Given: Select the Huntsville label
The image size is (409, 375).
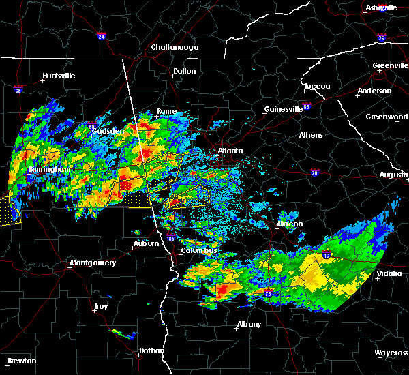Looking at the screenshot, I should (59, 76).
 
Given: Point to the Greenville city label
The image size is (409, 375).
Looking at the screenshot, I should (390, 66).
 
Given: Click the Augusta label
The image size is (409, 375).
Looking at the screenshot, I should (393, 175).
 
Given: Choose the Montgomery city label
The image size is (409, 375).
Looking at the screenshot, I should (93, 262).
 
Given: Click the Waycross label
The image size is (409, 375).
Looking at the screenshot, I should (391, 352).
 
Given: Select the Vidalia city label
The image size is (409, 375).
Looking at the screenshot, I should (392, 275).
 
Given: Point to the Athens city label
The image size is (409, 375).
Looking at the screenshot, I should (311, 135).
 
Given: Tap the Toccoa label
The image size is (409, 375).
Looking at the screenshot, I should (317, 87).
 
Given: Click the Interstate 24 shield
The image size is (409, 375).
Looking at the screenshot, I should (101, 36).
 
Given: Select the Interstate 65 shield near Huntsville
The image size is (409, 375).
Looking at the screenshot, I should (18, 89).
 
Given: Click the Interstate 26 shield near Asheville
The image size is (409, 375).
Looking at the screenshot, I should (381, 37).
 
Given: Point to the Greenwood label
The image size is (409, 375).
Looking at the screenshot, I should (387, 117).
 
